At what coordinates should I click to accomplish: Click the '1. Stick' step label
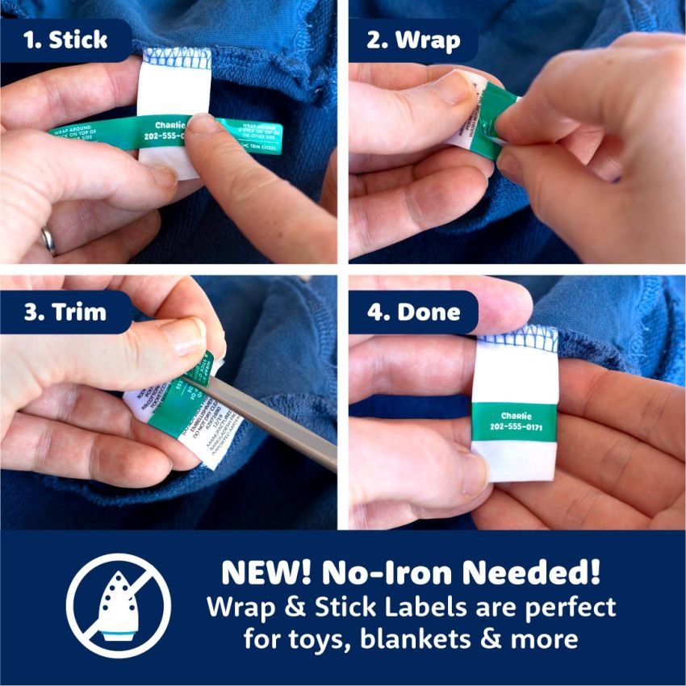tap(66, 40)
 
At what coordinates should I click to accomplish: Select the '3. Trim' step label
tap(65, 312)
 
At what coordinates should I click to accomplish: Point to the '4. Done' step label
tap(413, 312)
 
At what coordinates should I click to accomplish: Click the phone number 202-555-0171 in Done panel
tap(515, 427)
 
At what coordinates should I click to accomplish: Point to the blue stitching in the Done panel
tap(515, 332)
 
